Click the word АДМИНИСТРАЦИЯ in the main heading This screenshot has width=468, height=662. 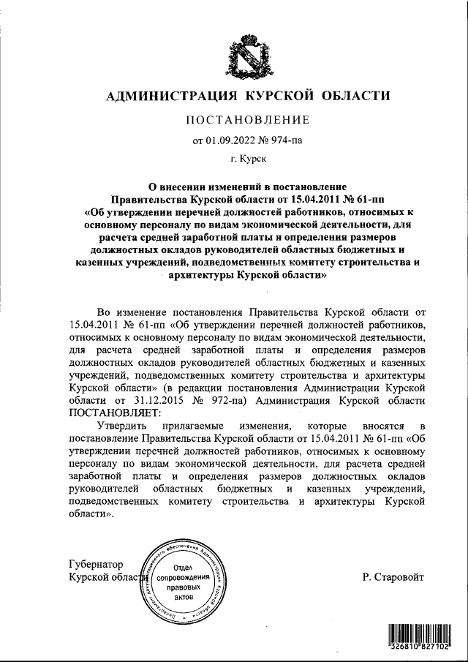(x=165, y=96)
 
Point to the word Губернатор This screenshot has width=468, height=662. (x=95, y=564)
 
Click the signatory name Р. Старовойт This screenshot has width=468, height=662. (x=393, y=577)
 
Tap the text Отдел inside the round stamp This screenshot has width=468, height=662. (x=183, y=568)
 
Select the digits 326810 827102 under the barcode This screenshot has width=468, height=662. (x=420, y=648)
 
